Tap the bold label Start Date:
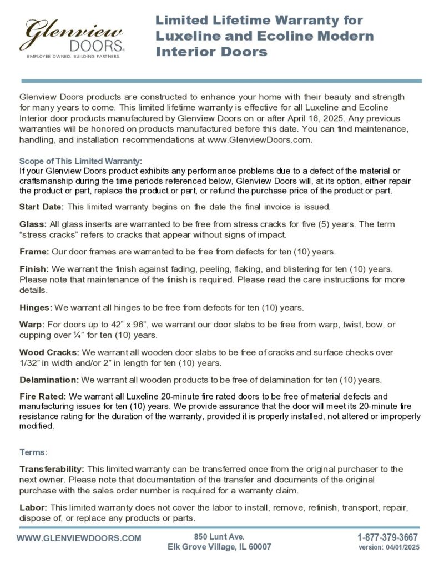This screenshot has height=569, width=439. click(x=42, y=207)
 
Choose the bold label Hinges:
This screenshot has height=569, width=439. click(x=36, y=307)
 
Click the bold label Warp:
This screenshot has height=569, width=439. click(x=31, y=324)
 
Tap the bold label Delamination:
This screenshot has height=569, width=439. click(x=49, y=380)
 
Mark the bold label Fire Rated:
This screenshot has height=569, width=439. click(x=43, y=397)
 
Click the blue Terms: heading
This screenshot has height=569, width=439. click(x=33, y=452)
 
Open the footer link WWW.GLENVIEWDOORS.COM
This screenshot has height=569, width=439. click(x=79, y=538)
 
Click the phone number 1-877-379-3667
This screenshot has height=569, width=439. click(x=387, y=537)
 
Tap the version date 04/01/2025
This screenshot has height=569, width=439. click(x=401, y=547)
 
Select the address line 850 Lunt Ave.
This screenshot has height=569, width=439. click(x=219, y=536)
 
